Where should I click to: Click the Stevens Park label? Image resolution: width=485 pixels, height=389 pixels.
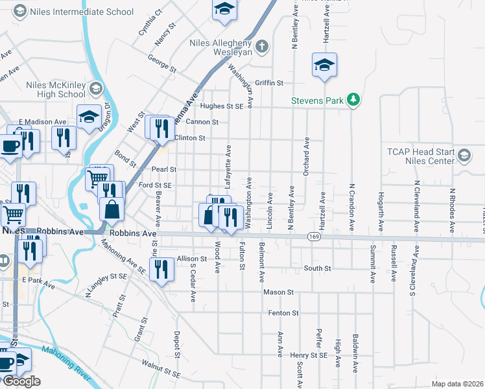[x=317, y=100]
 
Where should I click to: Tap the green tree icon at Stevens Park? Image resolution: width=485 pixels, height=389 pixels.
[x=353, y=100]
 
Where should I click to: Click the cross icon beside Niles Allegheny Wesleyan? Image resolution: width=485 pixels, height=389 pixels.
[x=261, y=45]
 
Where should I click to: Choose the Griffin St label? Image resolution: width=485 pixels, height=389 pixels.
[x=270, y=83]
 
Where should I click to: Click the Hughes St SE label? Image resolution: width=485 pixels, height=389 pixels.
[x=221, y=106]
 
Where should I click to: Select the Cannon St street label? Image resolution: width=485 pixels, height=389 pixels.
[x=202, y=122]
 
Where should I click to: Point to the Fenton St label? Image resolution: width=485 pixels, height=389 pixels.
[x=283, y=312]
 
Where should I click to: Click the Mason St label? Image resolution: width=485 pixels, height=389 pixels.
[x=279, y=292]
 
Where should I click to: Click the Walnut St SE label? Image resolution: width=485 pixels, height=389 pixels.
[x=163, y=369]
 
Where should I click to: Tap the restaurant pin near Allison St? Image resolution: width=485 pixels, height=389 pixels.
[x=162, y=268]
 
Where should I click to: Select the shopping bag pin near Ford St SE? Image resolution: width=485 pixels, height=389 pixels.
[x=112, y=209]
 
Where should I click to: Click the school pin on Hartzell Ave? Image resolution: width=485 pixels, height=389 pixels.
[x=324, y=65]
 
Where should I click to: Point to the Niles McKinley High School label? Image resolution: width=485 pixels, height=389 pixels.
[x=56, y=89]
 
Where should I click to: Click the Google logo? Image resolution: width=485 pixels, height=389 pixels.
[x=21, y=381]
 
